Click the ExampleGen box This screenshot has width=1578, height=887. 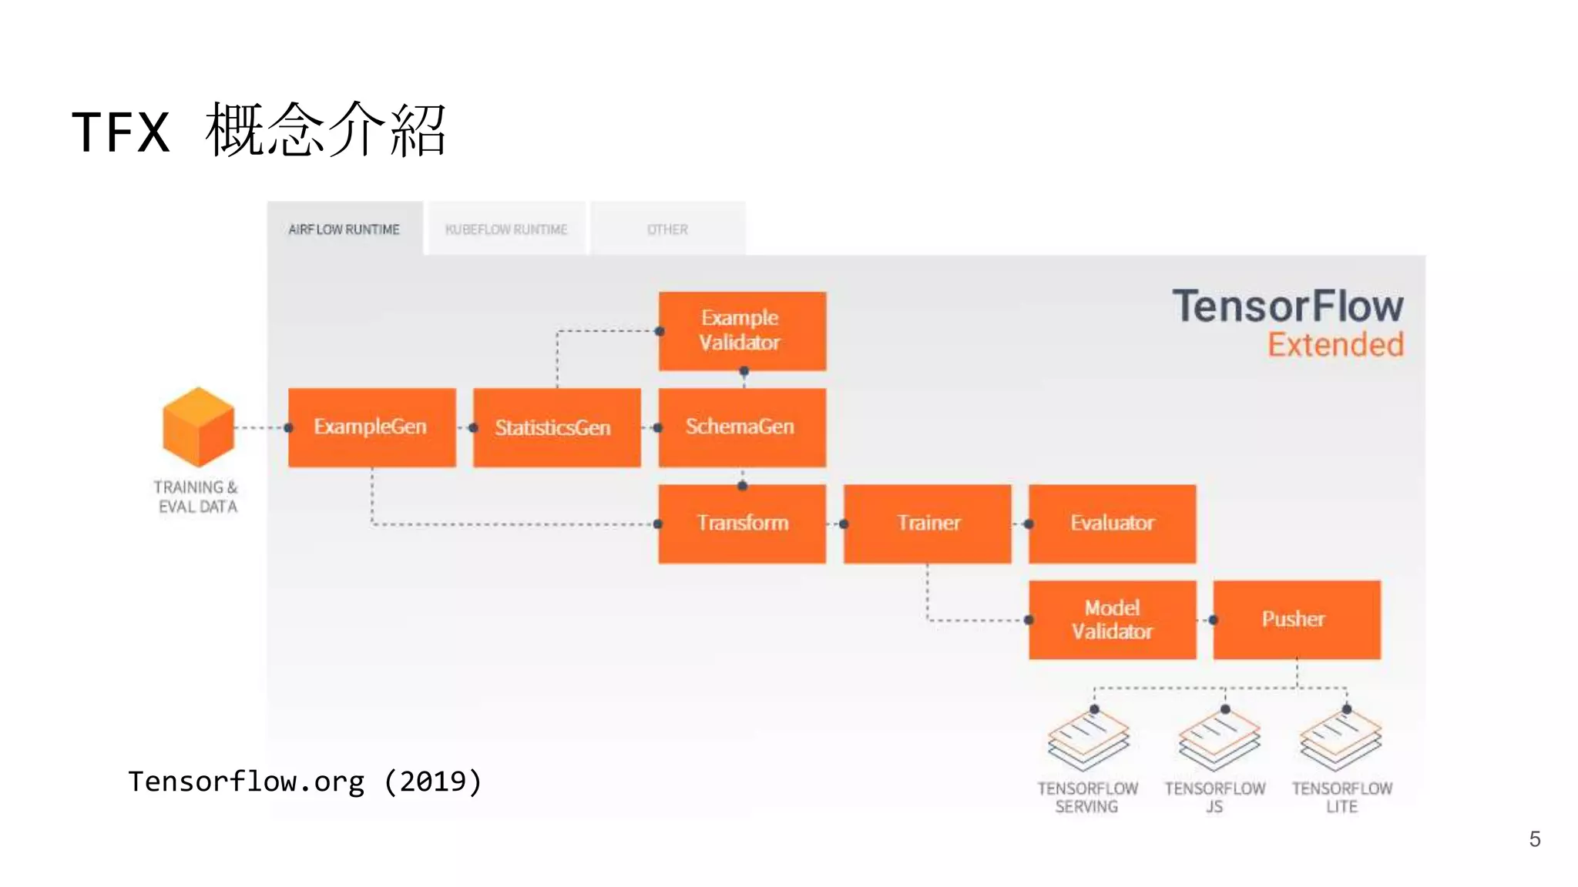[371, 427]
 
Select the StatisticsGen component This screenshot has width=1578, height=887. [556, 427]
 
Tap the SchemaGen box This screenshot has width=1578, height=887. [741, 427]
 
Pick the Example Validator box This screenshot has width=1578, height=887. [741, 331]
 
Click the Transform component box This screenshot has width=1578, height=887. [741, 524]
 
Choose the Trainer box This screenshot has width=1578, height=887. [927, 524]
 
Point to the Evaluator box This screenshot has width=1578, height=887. [1112, 524]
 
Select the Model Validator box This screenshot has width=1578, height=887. [1112, 620]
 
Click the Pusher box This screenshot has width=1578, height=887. [1297, 620]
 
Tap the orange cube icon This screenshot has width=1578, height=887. [198, 427]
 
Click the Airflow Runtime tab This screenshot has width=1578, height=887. [344, 229]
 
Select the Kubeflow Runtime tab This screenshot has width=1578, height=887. [506, 229]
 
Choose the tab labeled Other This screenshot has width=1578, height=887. [667, 229]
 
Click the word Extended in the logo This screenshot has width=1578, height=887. [1335, 345]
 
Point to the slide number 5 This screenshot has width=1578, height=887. [1534, 839]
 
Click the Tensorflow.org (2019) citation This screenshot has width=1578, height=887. [305, 782]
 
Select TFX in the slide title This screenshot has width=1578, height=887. [121, 132]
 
